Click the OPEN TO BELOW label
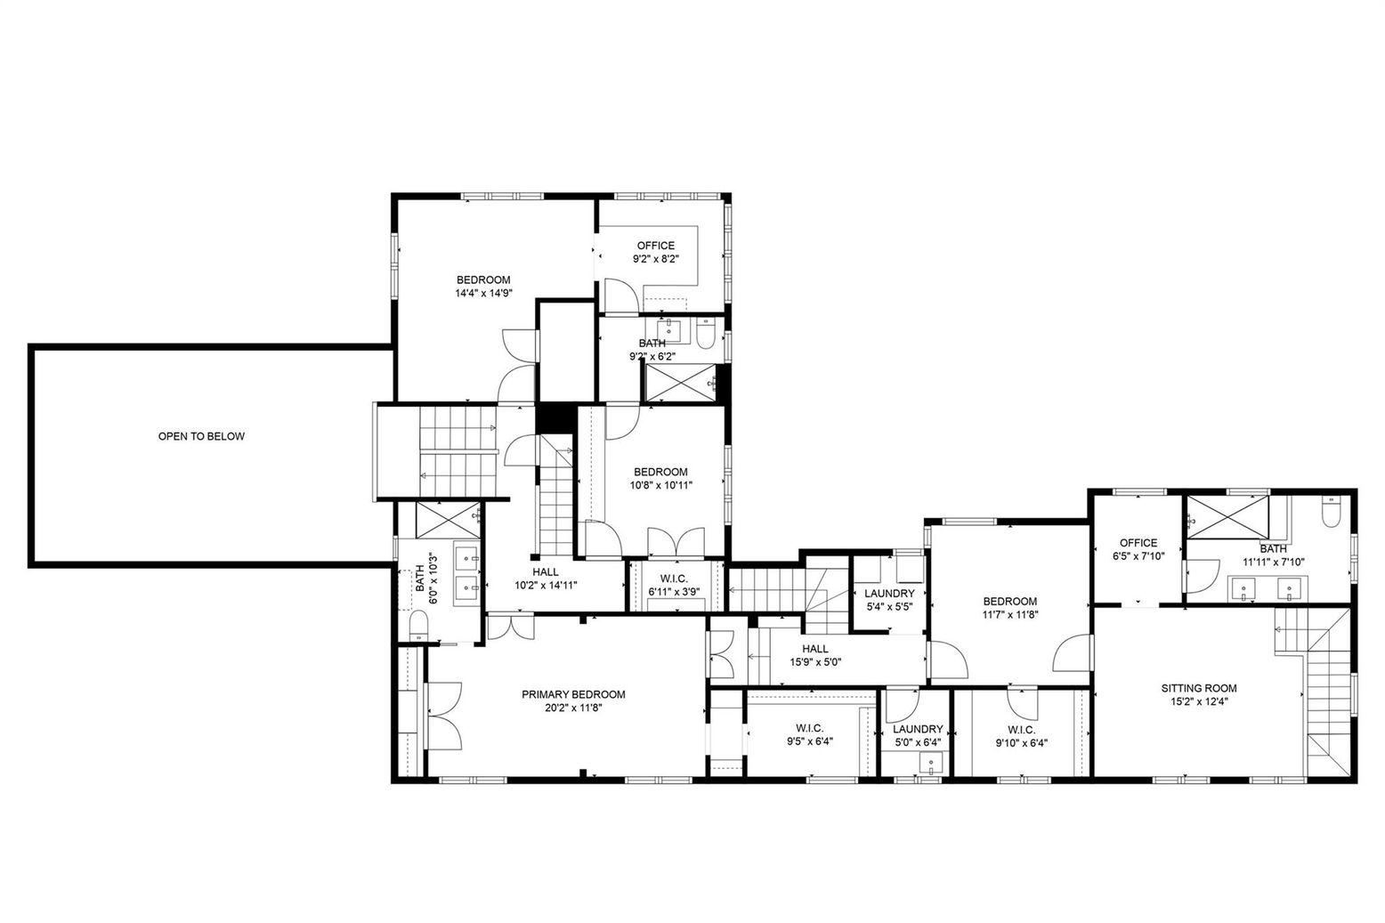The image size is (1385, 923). coord(201,436)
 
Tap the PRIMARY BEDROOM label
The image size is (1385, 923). coord(573,695)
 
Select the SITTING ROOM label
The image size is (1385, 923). coord(1199,688)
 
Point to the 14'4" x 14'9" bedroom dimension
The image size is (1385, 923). coord(483,293)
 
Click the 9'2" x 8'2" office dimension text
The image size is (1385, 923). coord(655,259)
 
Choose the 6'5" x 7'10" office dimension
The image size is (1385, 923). coord(1138,555)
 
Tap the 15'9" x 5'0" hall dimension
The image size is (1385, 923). coord(815,662)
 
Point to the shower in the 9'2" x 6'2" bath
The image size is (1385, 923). coord(680,383)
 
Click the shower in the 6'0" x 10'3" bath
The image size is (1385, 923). coord(448,520)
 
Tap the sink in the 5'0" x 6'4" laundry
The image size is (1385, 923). coord(929,764)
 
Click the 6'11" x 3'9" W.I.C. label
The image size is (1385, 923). coord(673,579)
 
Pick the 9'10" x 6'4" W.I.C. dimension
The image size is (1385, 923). coord(1022,743)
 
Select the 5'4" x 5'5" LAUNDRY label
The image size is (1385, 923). coord(889,594)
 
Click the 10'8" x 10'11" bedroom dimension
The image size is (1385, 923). coord(661,485)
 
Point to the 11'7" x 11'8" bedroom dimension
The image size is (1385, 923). coord(1010,614)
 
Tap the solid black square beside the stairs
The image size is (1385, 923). coord(555,418)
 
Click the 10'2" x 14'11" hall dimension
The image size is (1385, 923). coord(546,586)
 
